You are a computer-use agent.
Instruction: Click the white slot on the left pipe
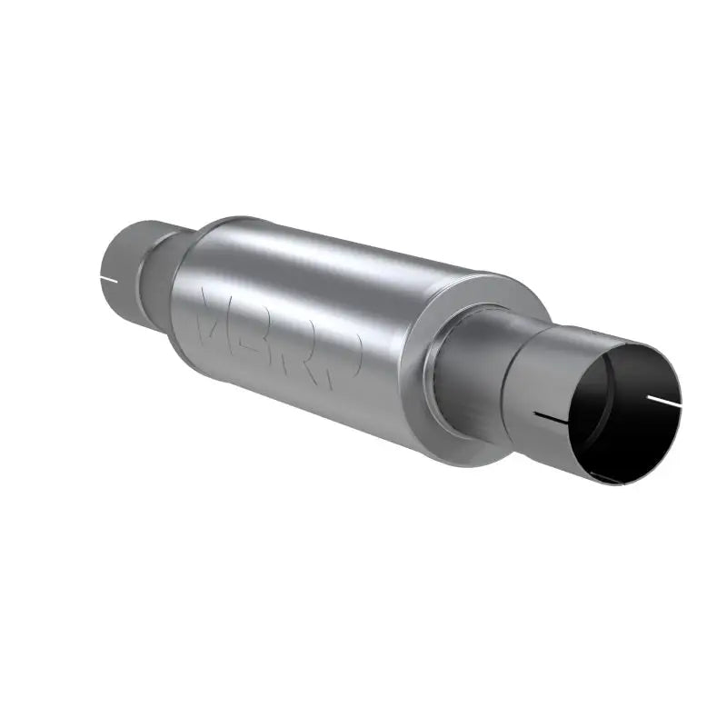tap(108, 277)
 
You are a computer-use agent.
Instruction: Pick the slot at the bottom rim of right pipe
tap(604, 476)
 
